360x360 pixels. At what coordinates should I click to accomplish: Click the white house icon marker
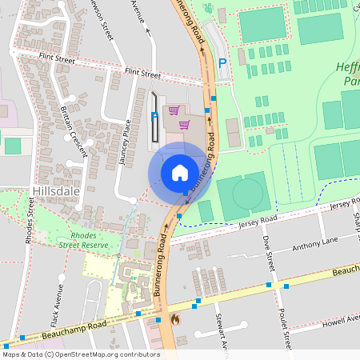pyautogui.click(x=180, y=173)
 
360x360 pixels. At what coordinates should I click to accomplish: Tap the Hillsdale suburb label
pyautogui.click(x=54, y=192)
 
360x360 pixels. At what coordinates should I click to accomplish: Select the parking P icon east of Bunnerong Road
pyautogui.click(x=223, y=62)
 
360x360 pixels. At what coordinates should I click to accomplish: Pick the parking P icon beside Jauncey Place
pyautogui.click(x=154, y=117)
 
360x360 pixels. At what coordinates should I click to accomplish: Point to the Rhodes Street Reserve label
pyautogui.click(x=94, y=241)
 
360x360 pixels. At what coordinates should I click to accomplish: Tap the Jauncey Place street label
pyautogui.click(x=124, y=142)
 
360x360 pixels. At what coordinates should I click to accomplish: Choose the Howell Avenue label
pyautogui.click(x=337, y=319)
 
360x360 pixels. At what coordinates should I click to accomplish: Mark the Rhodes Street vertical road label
pyautogui.click(x=30, y=220)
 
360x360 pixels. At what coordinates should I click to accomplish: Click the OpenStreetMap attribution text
pyautogui.click(x=81, y=354)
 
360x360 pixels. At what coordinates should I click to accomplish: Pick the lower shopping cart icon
pyautogui.click(x=185, y=124)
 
